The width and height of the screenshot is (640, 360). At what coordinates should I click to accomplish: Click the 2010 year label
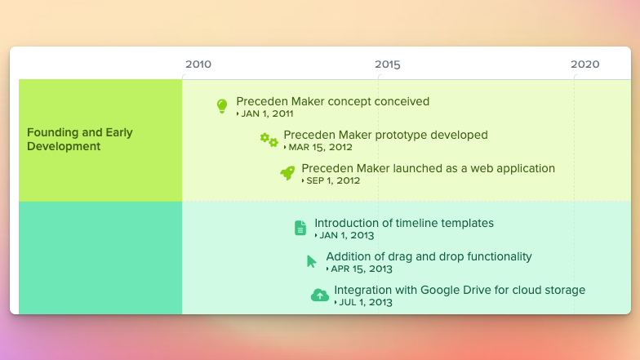(x=198, y=64)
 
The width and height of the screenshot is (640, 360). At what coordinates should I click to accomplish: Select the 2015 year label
(x=388, y=64)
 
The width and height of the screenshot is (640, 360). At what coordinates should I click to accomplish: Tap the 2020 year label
(x=584, y=64)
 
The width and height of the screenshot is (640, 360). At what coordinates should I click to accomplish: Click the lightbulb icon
(x=222, y=106)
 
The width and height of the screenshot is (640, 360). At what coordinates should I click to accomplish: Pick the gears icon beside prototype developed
(x=269, y=140)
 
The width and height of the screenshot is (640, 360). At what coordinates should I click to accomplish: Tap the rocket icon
(x=287, y=173)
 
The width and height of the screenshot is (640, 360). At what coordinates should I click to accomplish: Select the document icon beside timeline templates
(x=300, y=228)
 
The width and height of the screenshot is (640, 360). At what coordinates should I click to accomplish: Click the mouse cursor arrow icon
(x=312, y=261)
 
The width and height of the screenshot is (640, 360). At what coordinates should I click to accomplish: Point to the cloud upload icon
(x=320, y=295)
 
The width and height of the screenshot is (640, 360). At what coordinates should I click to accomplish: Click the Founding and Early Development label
(x=80, y=139)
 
